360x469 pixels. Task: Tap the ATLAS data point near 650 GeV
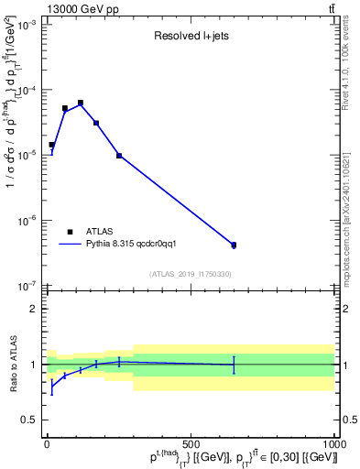click(234, 245)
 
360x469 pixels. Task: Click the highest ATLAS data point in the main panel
click(81, 103)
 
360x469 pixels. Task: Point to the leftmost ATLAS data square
click(51, 145)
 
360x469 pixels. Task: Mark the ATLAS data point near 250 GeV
click(119, 156)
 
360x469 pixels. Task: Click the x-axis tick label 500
click(191, 443)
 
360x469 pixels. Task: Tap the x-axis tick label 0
click(48, 443)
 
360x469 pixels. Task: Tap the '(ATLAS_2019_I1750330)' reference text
click(190, 274)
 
